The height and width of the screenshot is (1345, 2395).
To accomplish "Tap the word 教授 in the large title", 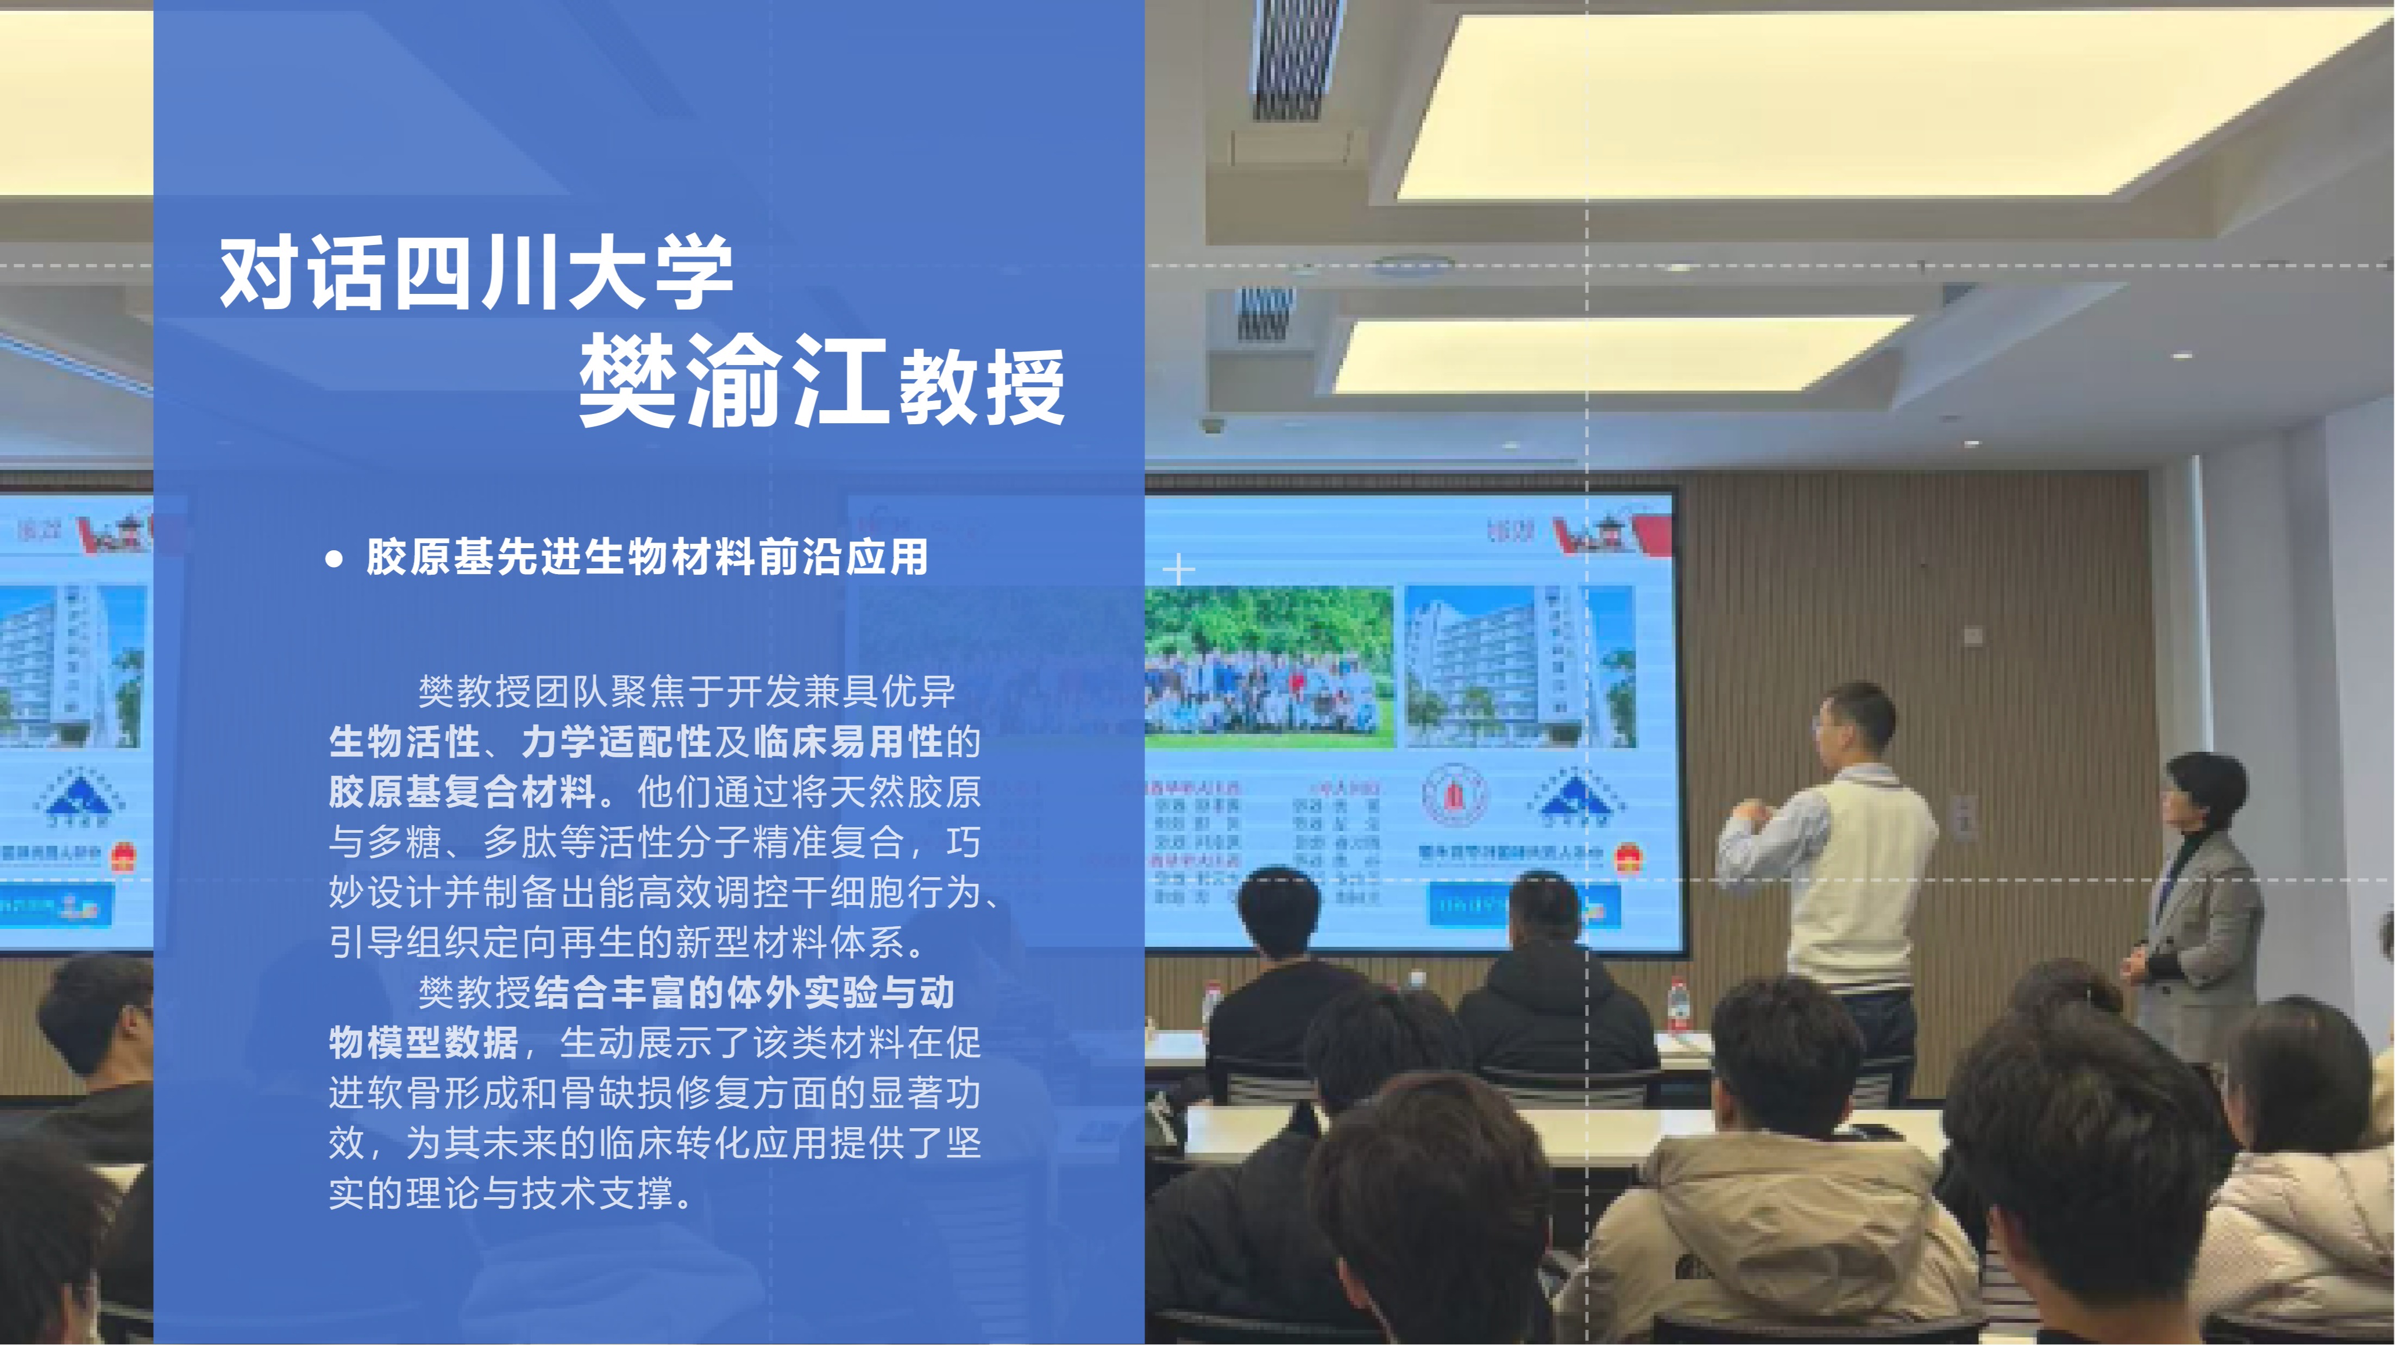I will click(981, 388).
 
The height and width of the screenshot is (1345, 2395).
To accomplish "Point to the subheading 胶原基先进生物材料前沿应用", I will click(647, 558).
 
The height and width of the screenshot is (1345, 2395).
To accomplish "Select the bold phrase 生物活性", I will click(405, 741).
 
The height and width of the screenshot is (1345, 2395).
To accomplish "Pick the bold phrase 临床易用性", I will click(848, 741).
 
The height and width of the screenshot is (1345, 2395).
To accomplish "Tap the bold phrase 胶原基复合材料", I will click(462, 792).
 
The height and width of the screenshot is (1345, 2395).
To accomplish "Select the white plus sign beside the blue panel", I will click(1179, 569).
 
